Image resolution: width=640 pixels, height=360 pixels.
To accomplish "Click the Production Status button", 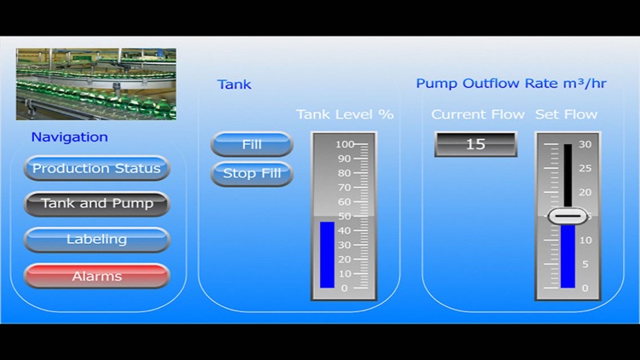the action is point(96,168).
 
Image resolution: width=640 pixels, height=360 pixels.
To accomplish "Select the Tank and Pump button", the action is point(96,204).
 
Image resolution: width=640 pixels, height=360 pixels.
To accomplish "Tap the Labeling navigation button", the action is point(96,240).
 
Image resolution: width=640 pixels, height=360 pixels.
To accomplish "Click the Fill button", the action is point(252,144).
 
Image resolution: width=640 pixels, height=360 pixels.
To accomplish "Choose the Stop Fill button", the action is point(252,173).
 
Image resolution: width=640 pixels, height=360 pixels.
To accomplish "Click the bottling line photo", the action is point(96,84).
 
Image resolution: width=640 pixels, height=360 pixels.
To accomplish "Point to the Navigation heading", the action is point(69,137).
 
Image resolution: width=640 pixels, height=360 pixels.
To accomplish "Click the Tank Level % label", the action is point(345,114).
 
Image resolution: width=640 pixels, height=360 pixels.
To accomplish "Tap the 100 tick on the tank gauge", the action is point(345,144).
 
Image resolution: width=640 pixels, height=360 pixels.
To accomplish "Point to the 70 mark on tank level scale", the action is point(344,188).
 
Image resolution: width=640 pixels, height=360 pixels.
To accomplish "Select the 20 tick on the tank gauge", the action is point(344,259).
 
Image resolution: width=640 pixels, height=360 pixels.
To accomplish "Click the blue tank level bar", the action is point(327,255).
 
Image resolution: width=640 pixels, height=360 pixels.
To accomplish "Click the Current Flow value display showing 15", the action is point(476,144).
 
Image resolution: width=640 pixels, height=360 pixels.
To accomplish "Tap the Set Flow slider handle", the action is point(567,216).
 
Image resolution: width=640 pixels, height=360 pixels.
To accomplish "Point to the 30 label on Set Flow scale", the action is point(585,144).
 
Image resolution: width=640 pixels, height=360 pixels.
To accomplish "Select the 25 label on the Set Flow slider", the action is point(585,168).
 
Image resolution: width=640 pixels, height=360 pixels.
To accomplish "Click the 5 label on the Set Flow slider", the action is point(585,264).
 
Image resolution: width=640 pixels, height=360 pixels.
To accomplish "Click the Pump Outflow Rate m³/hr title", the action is point(511,84).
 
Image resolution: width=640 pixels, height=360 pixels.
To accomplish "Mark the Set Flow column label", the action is point(566,114).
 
